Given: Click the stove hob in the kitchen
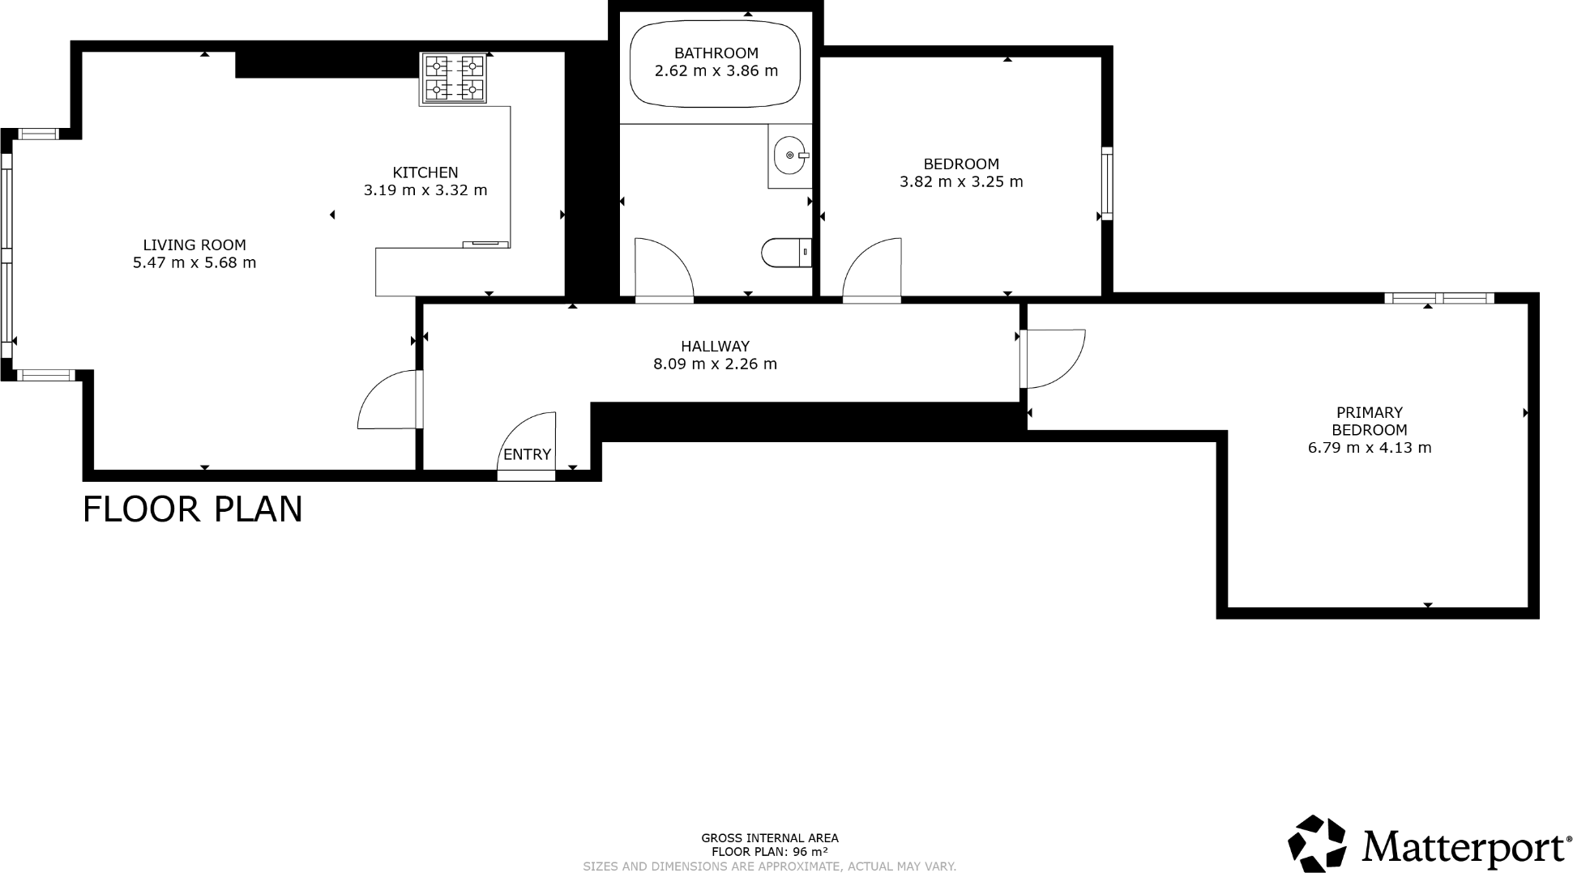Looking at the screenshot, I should [x=453, y=78].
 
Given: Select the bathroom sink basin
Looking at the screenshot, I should [x=789, y=155].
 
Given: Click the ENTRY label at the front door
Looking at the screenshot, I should [x=527, y=454].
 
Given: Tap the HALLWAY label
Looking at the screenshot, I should [x=715, y=346].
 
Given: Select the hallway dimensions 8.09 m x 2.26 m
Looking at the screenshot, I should [x=715, y=364].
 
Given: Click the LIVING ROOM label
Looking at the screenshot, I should [x=194, y=245].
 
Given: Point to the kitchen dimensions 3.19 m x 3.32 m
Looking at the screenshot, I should [x=425, y=190].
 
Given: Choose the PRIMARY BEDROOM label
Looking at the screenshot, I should [x=1369, y=421].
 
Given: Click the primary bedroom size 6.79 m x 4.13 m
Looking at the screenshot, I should [x=1370, y=448].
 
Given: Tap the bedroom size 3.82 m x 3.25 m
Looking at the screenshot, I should [x=961, y=182].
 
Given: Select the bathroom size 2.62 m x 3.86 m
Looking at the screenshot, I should [x=716, y=71].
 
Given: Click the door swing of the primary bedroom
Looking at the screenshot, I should [x=1053, y=357].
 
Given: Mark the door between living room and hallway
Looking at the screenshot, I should [x=388, y=399].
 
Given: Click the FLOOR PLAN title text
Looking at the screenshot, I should [x=193, y=509].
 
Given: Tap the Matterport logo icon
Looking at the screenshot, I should [x=1316, y=844].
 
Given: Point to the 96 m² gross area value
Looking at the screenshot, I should [x=810, y=852].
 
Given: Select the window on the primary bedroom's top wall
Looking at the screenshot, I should [x=1438, y=299].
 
